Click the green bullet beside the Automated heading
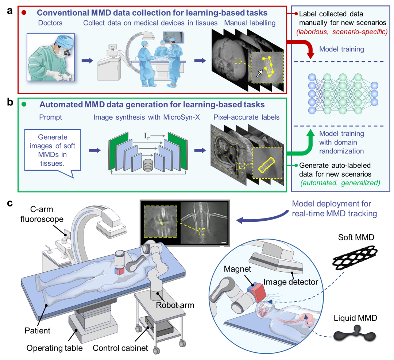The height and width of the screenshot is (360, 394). [24, 105]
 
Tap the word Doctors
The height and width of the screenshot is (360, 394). [50, 23]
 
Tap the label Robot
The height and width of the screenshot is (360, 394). [167, 305]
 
